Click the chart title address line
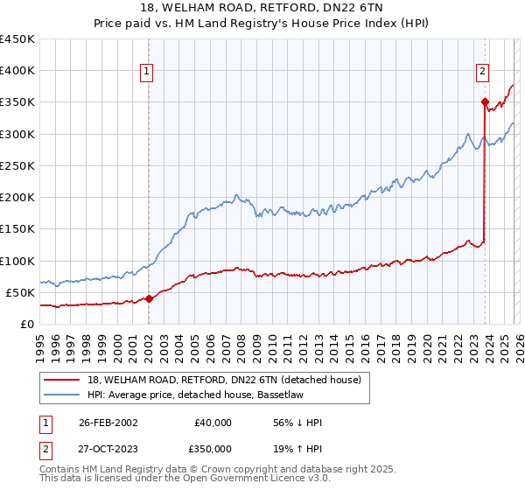(x=262, y=9)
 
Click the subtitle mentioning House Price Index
(x=262, y=24)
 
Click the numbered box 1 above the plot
(x=147, y=73)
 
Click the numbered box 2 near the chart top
(x=482, y=73)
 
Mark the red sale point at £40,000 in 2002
(x=149, y=298)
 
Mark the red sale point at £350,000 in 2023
(x=484, y=102)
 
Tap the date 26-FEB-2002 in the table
(x=108, y=423)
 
